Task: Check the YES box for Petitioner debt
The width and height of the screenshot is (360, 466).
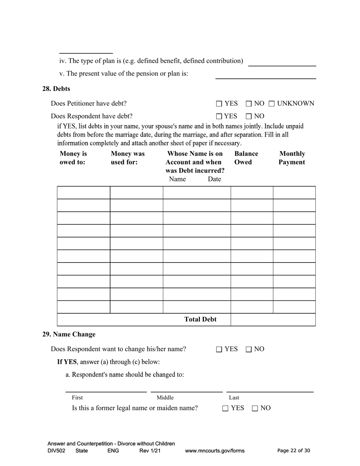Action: point(219,103)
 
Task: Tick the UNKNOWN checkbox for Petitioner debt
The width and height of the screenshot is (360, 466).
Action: point(272,103)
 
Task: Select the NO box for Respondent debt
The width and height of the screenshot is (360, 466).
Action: point(249,116)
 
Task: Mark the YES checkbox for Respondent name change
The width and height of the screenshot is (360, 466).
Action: point(219,349)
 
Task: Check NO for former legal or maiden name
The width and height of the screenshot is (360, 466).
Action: point(255,408)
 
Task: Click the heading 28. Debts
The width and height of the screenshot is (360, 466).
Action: point(56,89)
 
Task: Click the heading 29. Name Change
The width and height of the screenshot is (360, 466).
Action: point(69,334)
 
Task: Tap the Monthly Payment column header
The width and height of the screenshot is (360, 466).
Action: point(292,158)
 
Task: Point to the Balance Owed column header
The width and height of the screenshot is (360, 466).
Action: point(246,158)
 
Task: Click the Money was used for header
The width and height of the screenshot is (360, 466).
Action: point(127,158)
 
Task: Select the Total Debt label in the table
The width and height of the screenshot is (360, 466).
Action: point(200,319)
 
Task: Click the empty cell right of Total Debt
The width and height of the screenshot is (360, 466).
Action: point(273,319)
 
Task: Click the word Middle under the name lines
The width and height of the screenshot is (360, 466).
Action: point(165,397)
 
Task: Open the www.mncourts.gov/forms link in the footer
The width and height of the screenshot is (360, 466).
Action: point(214,451)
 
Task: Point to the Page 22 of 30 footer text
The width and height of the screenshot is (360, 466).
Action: point(294,450)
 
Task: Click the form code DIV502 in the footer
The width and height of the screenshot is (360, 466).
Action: point(56,451)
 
